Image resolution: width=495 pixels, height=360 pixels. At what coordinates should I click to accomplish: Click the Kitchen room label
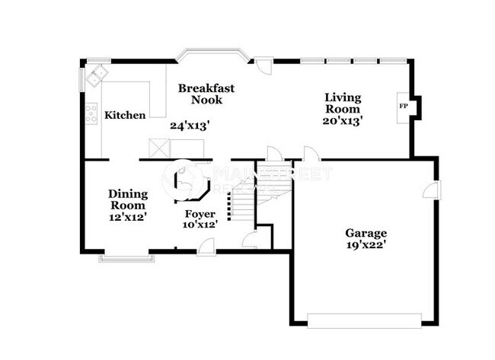coord(125,116)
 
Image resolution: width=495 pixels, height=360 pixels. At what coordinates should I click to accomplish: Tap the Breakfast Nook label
coord(206,94)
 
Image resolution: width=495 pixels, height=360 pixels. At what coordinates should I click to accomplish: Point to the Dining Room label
coord(128,199)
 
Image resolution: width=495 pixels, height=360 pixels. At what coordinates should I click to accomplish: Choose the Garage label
coord(366,233)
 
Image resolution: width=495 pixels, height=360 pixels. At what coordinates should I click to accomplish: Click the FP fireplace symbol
coord(403,106)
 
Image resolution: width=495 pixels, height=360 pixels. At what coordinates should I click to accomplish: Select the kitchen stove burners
coord(91,115)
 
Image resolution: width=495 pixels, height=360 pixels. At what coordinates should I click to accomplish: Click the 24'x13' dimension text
coord(189,126)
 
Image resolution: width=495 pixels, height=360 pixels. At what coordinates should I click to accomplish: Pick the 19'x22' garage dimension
coord(366,246)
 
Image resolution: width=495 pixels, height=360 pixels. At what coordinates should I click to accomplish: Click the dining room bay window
coord(126,258)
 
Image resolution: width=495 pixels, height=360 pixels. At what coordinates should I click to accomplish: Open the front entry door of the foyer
coord(206,247)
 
